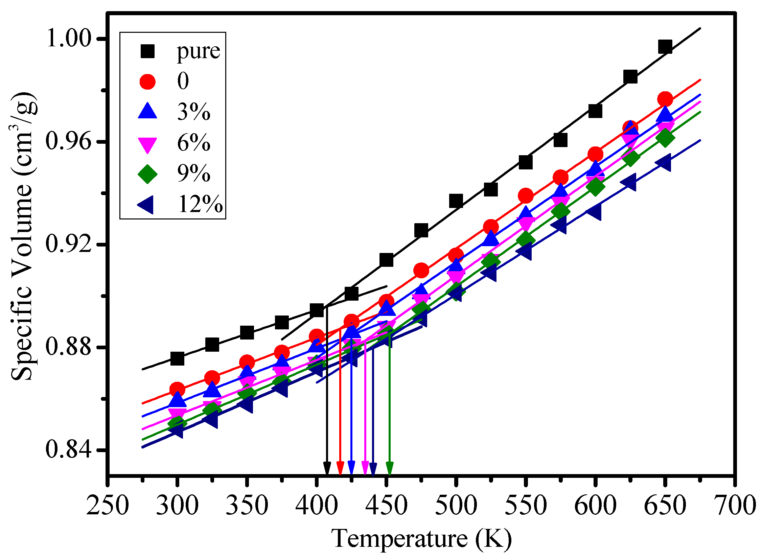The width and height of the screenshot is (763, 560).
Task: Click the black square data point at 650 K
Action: [665, 47]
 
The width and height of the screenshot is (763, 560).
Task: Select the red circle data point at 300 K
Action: [177, 390]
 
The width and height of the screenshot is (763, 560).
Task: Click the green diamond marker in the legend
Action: [147, 174]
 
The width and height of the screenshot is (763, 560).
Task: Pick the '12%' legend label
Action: [200, 204]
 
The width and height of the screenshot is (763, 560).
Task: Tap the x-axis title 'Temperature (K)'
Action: [421, 539]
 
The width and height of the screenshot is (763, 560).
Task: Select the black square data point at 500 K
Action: [456, 201]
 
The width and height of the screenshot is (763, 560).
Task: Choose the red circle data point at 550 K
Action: [525, 196]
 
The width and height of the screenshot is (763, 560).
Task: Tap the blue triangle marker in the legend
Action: [147, 112]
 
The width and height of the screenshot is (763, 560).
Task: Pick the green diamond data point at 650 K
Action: [665, 138]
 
